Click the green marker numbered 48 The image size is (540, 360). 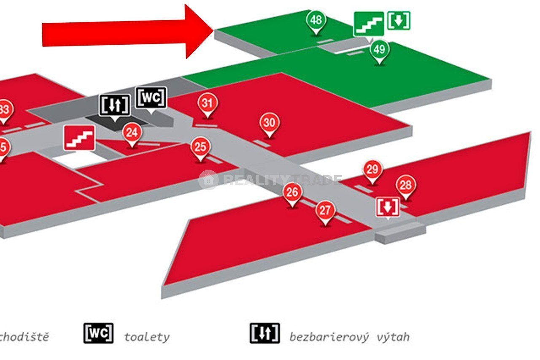(316, 20)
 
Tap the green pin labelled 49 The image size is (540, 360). (380, 50)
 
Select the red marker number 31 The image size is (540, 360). (207, 103)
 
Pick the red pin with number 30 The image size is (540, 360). (270, 123)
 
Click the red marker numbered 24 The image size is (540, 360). (132, 133)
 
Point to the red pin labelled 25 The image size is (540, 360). (200, 147)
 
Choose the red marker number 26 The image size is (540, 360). (292, 192)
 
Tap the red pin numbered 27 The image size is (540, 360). (325, 210)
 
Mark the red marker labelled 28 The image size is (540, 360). (406, 185)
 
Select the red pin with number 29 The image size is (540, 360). (372, 170)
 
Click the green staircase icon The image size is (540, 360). (369, 24)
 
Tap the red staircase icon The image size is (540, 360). (79, 137)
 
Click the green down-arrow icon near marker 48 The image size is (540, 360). (399, 20)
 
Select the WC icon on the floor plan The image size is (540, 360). (151, 98)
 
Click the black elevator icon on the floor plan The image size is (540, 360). (114, 105)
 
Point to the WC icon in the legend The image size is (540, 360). (98, 333)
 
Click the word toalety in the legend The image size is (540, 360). (147, 337)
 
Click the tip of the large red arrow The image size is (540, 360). (213, 31)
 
